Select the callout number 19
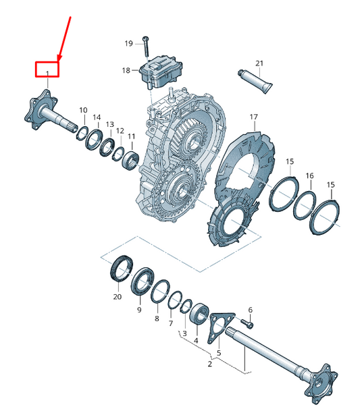pos(128,44)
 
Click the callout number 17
pos(254,117)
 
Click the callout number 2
pos(209,364)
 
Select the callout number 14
pos(97,117)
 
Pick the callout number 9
pos(138,310)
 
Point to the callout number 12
pos(120,131)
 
